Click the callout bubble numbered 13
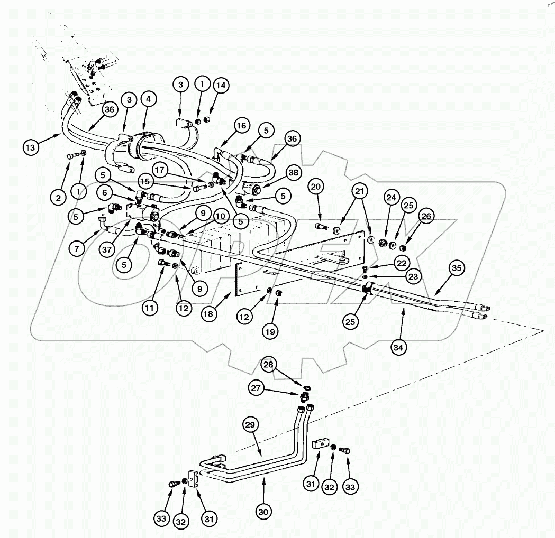point(31,147)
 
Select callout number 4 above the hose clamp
point(148,99)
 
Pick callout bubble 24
point(390,198)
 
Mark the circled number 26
point(426,215)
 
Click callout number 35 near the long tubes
point(457,268)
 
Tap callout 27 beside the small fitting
point(257,388)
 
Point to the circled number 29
point(252,425)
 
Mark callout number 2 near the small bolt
point(58,198)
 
